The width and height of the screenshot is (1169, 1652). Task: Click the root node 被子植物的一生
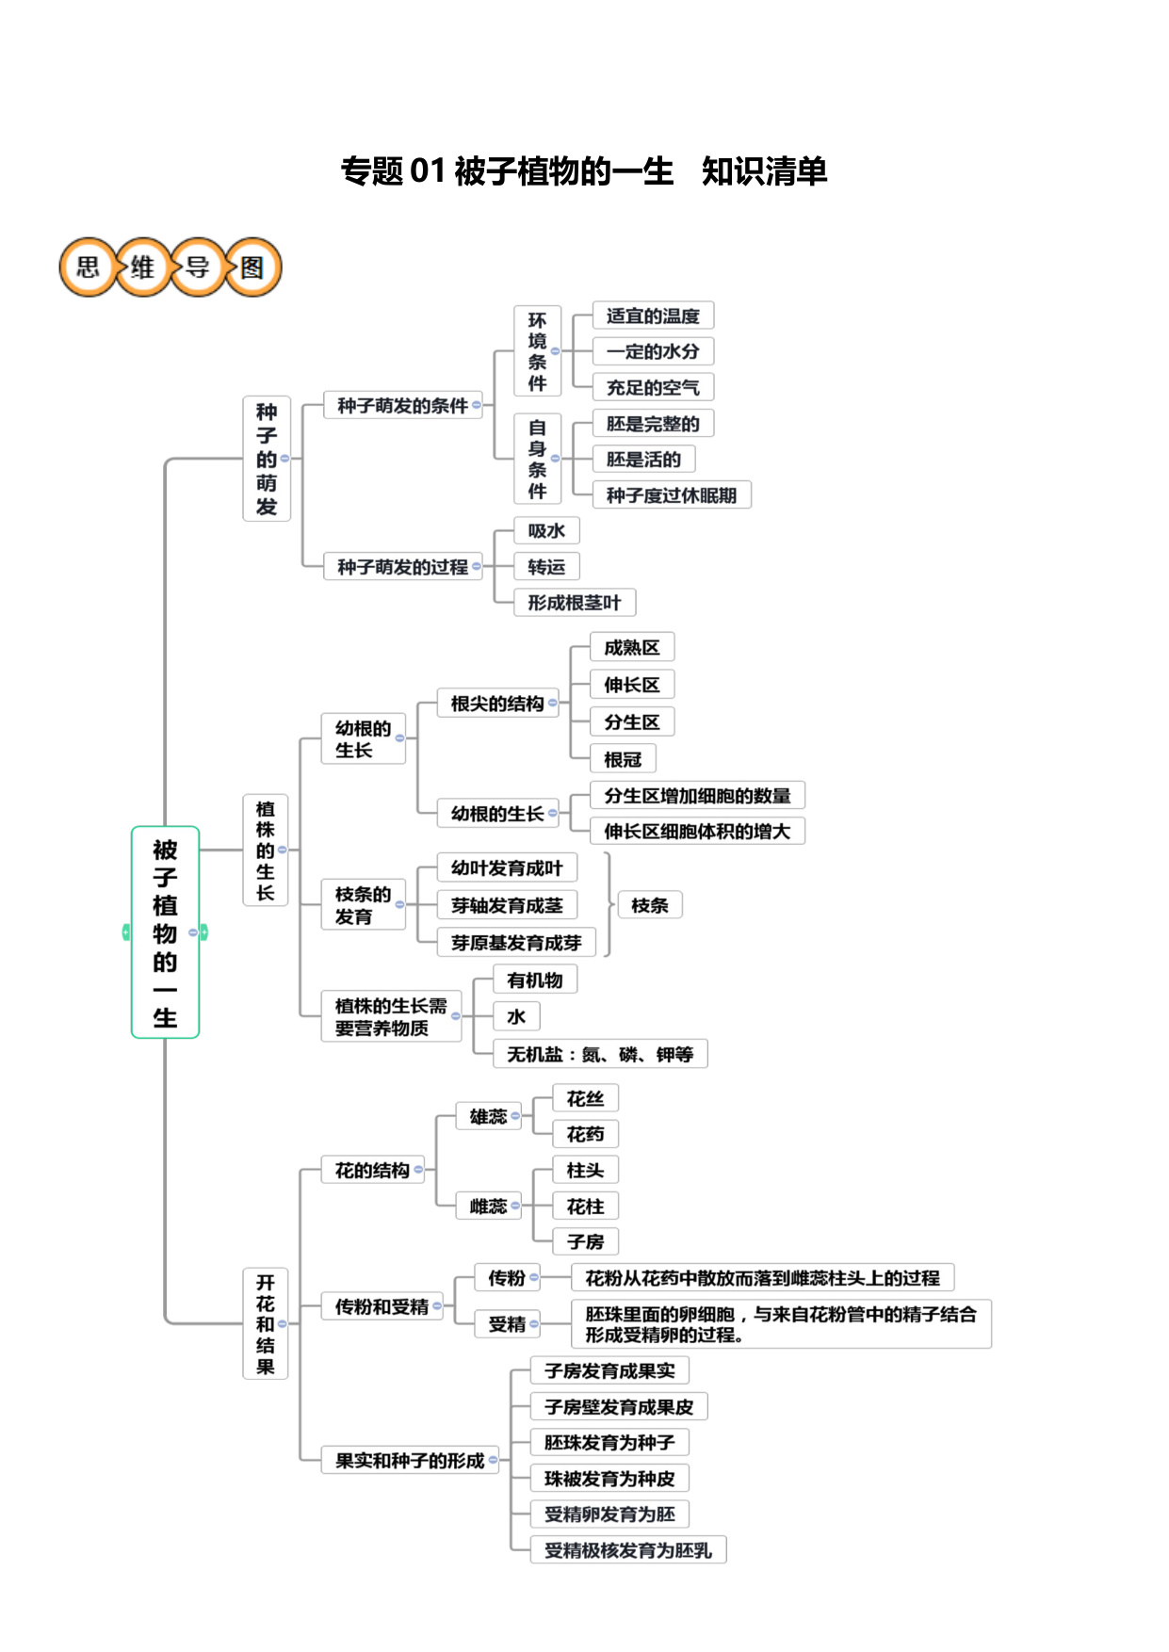click(165, 932)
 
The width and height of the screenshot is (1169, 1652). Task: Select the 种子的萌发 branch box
click(267, 459)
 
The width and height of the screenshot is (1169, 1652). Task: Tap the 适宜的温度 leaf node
click(653, 316)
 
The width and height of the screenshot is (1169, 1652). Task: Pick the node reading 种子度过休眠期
click(672, 494)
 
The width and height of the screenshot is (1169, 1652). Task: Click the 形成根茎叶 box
click(575, 602)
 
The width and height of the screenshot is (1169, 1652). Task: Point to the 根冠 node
click(623, 759)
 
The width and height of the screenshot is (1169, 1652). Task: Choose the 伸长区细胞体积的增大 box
click(697, 831)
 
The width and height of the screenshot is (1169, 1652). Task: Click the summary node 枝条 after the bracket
click(650, 905)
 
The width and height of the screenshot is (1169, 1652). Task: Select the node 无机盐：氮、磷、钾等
click(600, 1054)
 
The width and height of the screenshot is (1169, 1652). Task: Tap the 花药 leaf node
click(585, 1134)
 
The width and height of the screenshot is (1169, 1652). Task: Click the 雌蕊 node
click(488, 1206)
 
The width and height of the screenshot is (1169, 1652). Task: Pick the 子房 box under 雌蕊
click(585, 1241)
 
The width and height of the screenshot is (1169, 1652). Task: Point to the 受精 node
click(507, 1323)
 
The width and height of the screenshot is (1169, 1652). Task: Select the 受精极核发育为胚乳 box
click(628, 1549)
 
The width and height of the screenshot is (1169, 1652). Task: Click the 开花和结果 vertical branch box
click(266, 1323)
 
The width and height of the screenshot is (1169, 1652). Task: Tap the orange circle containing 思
click(88, 267)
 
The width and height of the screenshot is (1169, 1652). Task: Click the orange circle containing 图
click(252, 267)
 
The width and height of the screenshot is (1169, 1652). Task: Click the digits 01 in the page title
click(428, 171)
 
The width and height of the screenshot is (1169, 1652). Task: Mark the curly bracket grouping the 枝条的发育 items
click(609, 905)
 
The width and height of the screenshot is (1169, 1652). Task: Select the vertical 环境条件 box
click(537, 350)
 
